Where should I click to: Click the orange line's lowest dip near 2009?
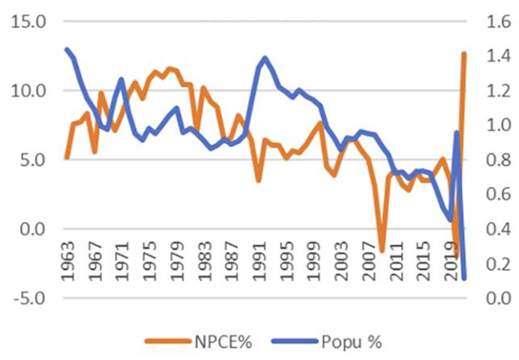point(382,250)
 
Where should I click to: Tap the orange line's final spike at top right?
point(465,53)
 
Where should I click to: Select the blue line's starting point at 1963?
point(67,49)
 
